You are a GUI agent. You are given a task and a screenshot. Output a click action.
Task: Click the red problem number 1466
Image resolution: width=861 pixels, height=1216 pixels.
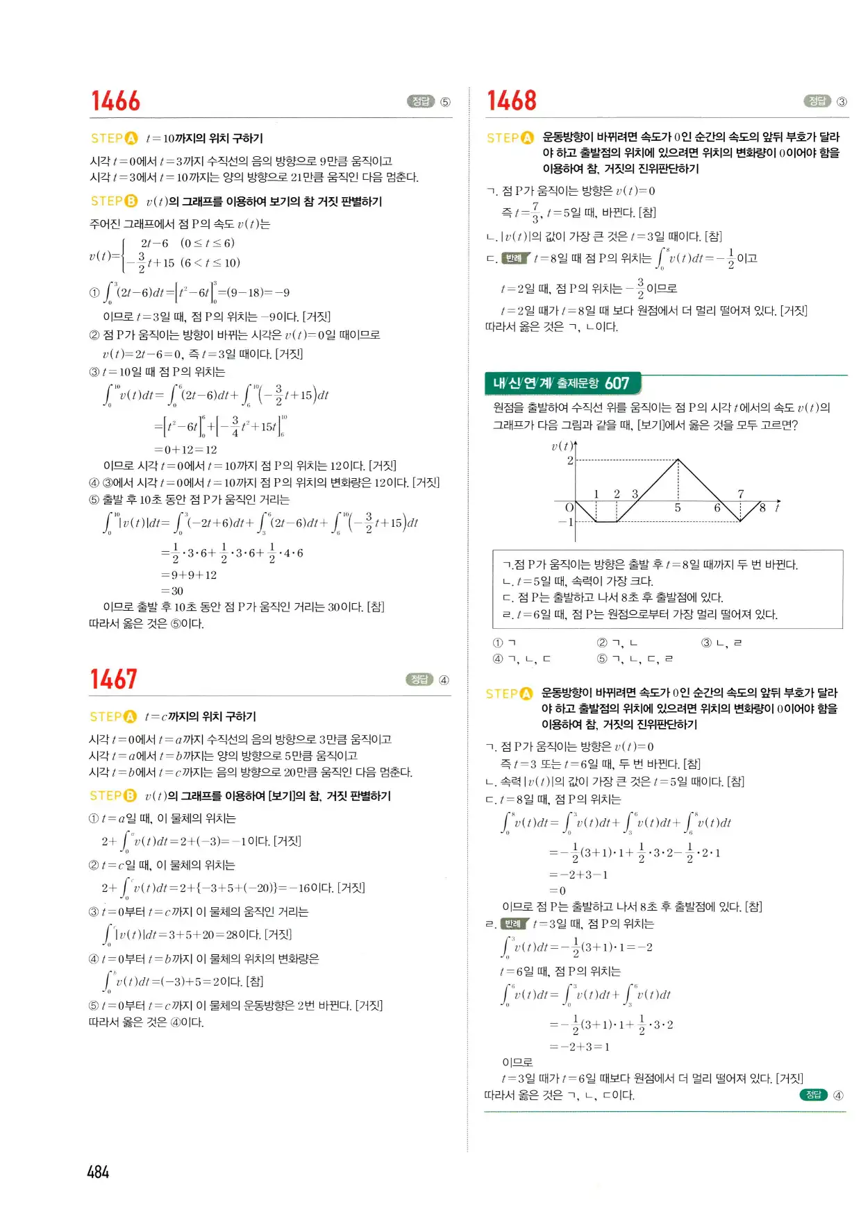(115, 101)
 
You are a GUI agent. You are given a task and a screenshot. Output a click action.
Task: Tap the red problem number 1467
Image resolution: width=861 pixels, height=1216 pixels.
(114, 679)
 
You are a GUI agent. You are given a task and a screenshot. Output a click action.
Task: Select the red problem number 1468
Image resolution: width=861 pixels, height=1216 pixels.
(512, 101)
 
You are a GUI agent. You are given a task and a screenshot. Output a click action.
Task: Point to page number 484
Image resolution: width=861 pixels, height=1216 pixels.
(98, 1172)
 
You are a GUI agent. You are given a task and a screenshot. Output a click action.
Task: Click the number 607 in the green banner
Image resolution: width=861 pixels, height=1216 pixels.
(617, 383)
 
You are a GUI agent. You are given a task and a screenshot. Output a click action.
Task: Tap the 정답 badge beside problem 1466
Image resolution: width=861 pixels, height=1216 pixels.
(420, 101)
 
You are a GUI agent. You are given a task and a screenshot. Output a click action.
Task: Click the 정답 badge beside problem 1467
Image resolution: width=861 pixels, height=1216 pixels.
(419, 679)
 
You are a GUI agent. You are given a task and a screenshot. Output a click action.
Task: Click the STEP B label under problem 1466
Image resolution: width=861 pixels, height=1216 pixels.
(114, 201)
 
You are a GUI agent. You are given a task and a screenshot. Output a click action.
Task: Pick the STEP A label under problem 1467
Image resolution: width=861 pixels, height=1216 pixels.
(113, 716)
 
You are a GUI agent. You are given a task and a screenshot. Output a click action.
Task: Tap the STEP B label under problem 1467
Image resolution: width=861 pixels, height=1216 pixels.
(113, 795)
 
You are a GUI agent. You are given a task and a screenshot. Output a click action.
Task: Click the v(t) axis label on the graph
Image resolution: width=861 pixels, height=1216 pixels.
(562, 446)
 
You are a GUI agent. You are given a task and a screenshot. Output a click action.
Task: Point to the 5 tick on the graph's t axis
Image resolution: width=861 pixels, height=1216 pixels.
(678, 508)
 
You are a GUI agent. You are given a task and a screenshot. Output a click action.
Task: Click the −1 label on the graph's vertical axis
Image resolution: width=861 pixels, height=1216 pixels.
(566, 522)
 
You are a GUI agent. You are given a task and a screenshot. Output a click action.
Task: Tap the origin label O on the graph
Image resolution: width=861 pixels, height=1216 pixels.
(569, 508)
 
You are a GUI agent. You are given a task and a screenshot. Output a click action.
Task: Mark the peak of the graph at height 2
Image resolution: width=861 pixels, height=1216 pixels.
(678, 459)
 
